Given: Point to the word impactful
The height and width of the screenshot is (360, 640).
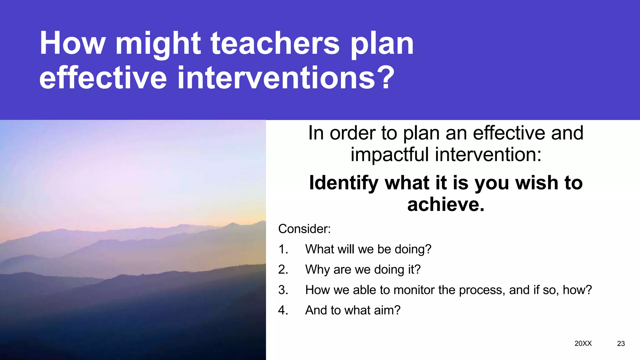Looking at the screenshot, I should click(389, 155).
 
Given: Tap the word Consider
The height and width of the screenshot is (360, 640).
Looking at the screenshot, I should click(304, 229).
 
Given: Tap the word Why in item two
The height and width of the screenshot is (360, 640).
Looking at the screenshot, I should click(317, 270).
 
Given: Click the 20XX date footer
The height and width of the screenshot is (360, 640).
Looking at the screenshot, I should click(583, 343).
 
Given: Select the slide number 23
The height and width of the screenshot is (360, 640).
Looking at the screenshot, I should click(621, 344).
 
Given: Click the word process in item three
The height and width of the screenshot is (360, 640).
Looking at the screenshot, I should click(481, 290).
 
